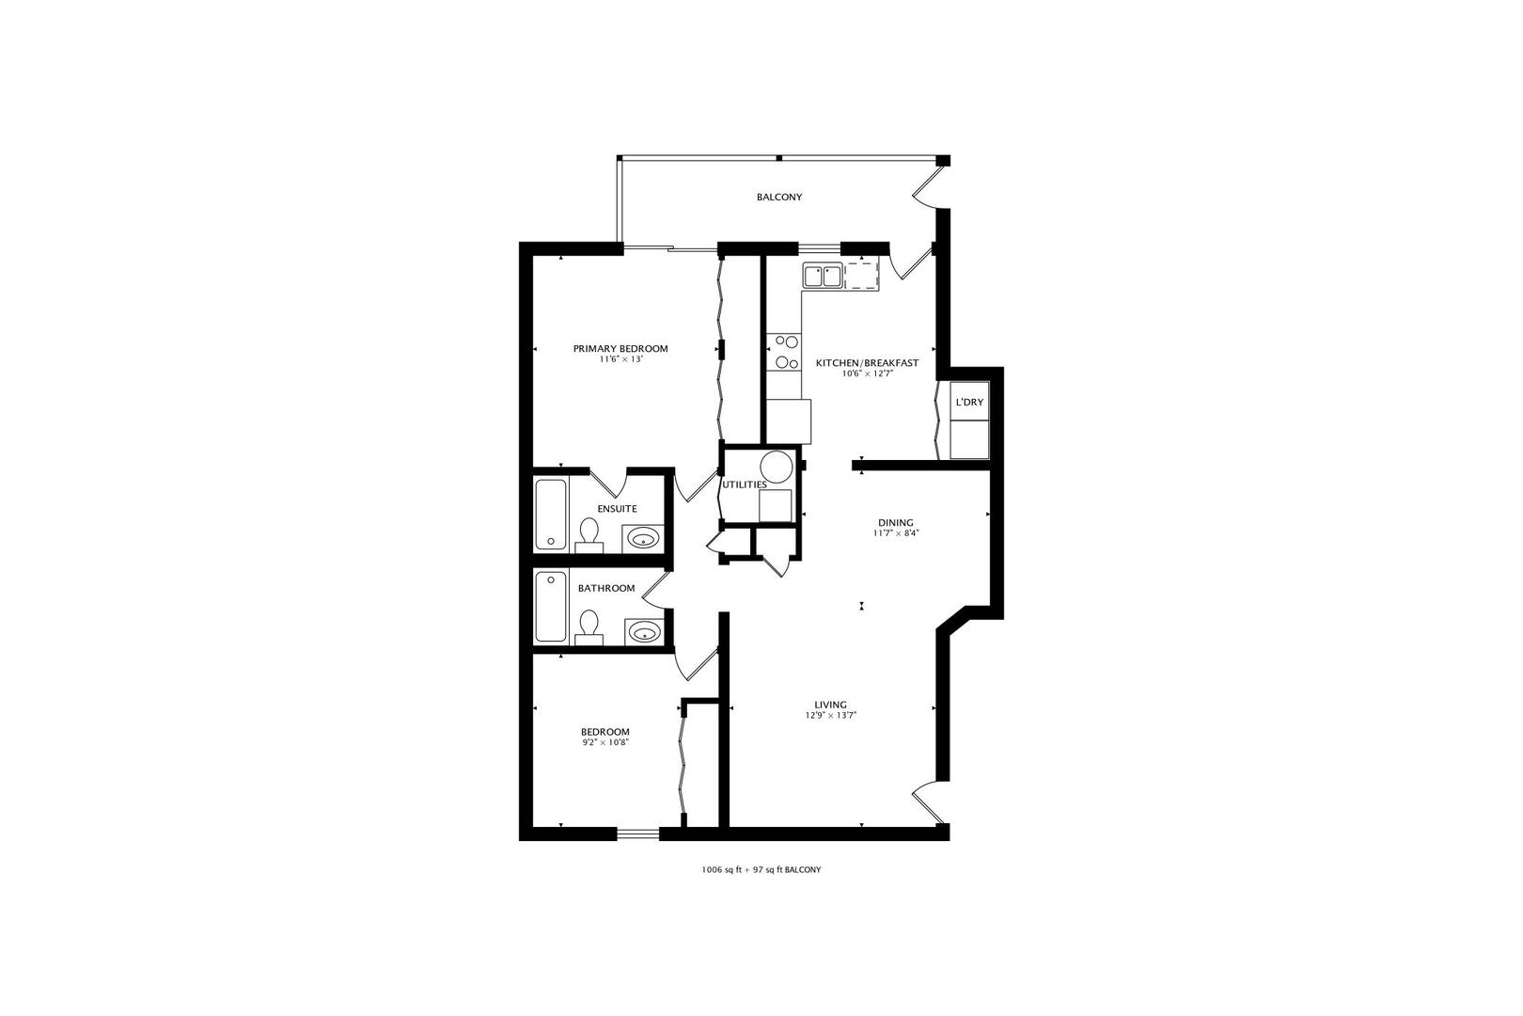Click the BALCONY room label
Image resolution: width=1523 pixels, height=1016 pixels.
(779, 198)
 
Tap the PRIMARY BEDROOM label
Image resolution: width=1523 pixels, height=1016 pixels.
(620, 349)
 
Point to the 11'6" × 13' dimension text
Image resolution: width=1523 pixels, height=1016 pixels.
(620, 359)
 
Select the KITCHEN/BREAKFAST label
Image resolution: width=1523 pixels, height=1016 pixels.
(867, 363)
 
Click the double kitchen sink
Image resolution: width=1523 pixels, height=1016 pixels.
(823, 277)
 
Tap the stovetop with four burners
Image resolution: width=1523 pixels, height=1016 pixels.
(784, 352)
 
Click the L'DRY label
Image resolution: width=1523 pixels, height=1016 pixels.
(969, 403)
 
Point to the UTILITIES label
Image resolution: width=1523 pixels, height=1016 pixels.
(745, 485)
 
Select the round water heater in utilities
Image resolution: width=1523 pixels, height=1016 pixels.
(776, 467)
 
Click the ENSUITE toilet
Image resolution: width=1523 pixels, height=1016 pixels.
(589, 536)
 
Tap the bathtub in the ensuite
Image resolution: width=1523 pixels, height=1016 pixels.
(551, 515)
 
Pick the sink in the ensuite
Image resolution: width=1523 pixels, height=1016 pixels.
(642, 539)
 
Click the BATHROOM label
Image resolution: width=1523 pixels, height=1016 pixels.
(606, 589)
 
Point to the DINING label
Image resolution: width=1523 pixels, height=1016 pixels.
(895, 523)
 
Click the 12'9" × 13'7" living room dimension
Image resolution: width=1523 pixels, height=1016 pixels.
(830, 715)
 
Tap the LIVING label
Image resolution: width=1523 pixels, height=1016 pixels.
(830, 705)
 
